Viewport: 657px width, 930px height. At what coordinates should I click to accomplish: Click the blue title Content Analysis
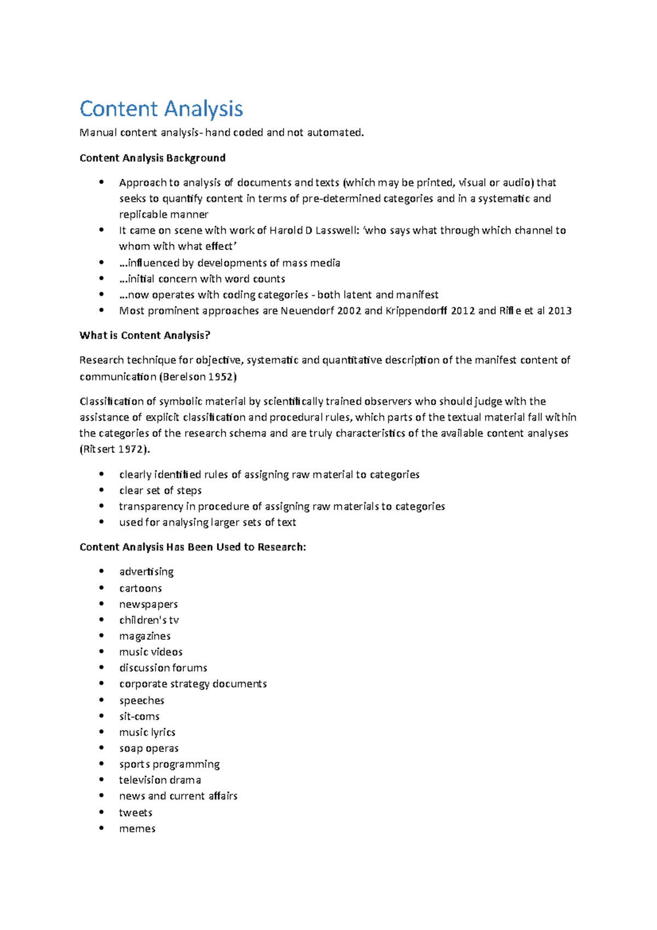161,108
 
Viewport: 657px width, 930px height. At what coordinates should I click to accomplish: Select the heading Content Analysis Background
152,158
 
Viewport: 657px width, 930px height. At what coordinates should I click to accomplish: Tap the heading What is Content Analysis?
145,335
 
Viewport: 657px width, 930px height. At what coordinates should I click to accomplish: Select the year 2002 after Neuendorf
349,311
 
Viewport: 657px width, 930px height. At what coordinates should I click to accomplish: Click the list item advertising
146,571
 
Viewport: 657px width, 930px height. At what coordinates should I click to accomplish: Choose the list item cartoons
140,588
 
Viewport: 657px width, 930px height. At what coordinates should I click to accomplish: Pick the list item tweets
135,812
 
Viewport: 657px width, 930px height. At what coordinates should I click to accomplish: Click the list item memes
137,828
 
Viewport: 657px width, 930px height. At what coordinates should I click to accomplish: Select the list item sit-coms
139,716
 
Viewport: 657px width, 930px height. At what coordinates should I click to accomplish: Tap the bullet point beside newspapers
101,604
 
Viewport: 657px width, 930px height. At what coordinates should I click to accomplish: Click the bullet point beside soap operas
101,748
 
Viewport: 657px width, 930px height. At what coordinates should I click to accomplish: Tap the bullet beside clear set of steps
101,490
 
